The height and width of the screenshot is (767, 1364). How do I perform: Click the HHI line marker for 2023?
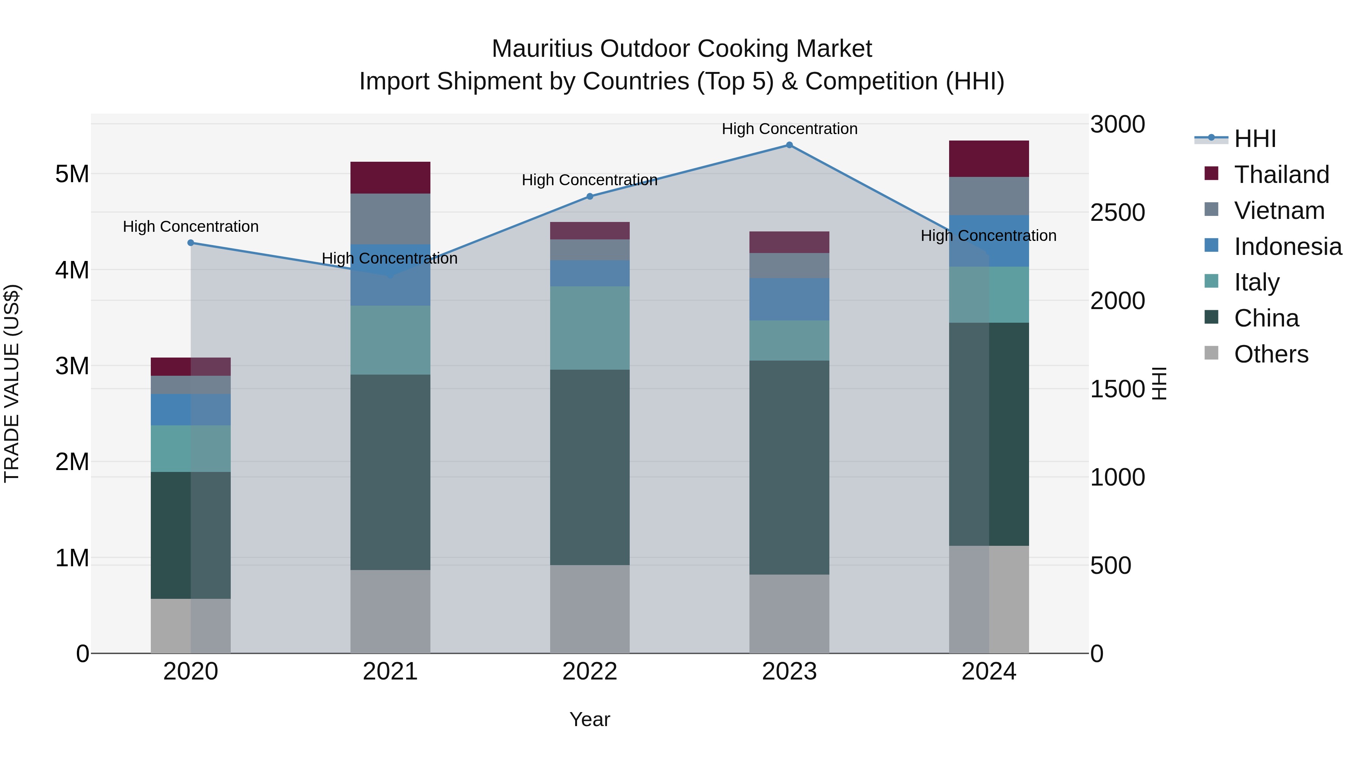coord(789,145)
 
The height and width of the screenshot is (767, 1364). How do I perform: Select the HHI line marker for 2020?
coord(191,243)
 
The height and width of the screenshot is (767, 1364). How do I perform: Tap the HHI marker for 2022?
coord(590,196)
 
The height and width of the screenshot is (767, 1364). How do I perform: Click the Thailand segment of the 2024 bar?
coord(989,159)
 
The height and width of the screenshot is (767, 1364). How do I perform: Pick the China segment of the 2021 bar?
coord(390,472)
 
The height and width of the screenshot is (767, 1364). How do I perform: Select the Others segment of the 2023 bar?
coord(789,614)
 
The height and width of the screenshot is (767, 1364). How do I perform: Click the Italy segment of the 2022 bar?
coord(590,328)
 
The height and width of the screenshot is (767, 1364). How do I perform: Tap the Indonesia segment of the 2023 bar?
coord(789,299)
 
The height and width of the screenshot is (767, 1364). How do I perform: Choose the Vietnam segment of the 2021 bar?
coord(390,219)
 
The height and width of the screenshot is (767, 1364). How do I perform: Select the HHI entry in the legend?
coord(1255,139)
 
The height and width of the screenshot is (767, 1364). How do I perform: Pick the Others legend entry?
coord(1271,354)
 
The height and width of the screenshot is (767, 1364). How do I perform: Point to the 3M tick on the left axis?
coord(72,366)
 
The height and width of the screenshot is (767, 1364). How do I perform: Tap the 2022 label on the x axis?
coord(590,672)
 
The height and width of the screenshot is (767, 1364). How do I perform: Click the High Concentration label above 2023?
coord(789,129)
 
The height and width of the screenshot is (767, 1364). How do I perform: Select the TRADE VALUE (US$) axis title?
coord(12,383)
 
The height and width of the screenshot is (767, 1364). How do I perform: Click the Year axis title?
coord(590,719)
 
